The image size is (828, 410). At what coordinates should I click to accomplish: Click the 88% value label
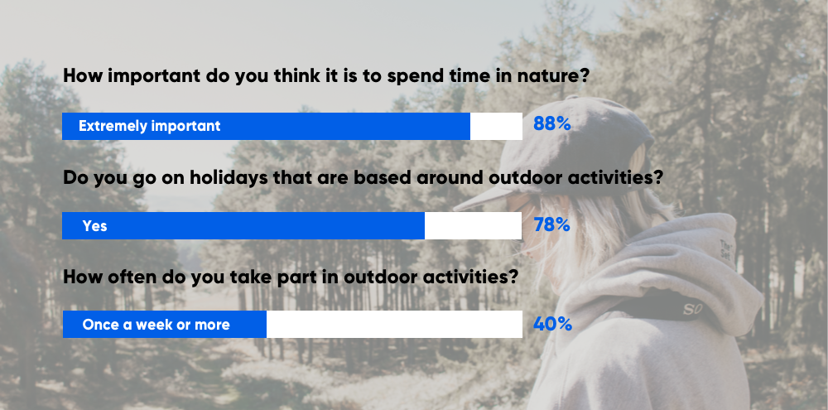pyautogui.click(x=551, y=125)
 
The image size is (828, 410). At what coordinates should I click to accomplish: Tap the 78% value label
pyautogui.click(x=551, y=224)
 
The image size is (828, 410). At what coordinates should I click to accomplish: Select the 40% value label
pyautogui.click(x=552, y=324)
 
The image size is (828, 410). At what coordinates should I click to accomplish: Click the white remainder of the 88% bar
pyautogui.click(x=496, y=126)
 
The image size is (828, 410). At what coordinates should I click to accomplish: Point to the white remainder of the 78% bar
pyautogui.click(x=473, y=225)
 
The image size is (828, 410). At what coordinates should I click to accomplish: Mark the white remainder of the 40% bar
pyautogui.click(x=393, y=325)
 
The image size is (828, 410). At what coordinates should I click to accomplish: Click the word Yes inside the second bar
pyautogui.click(x=94, y=225)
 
